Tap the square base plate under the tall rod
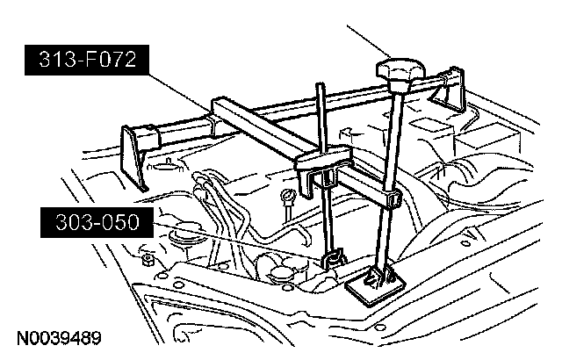[x=374, y=283]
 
